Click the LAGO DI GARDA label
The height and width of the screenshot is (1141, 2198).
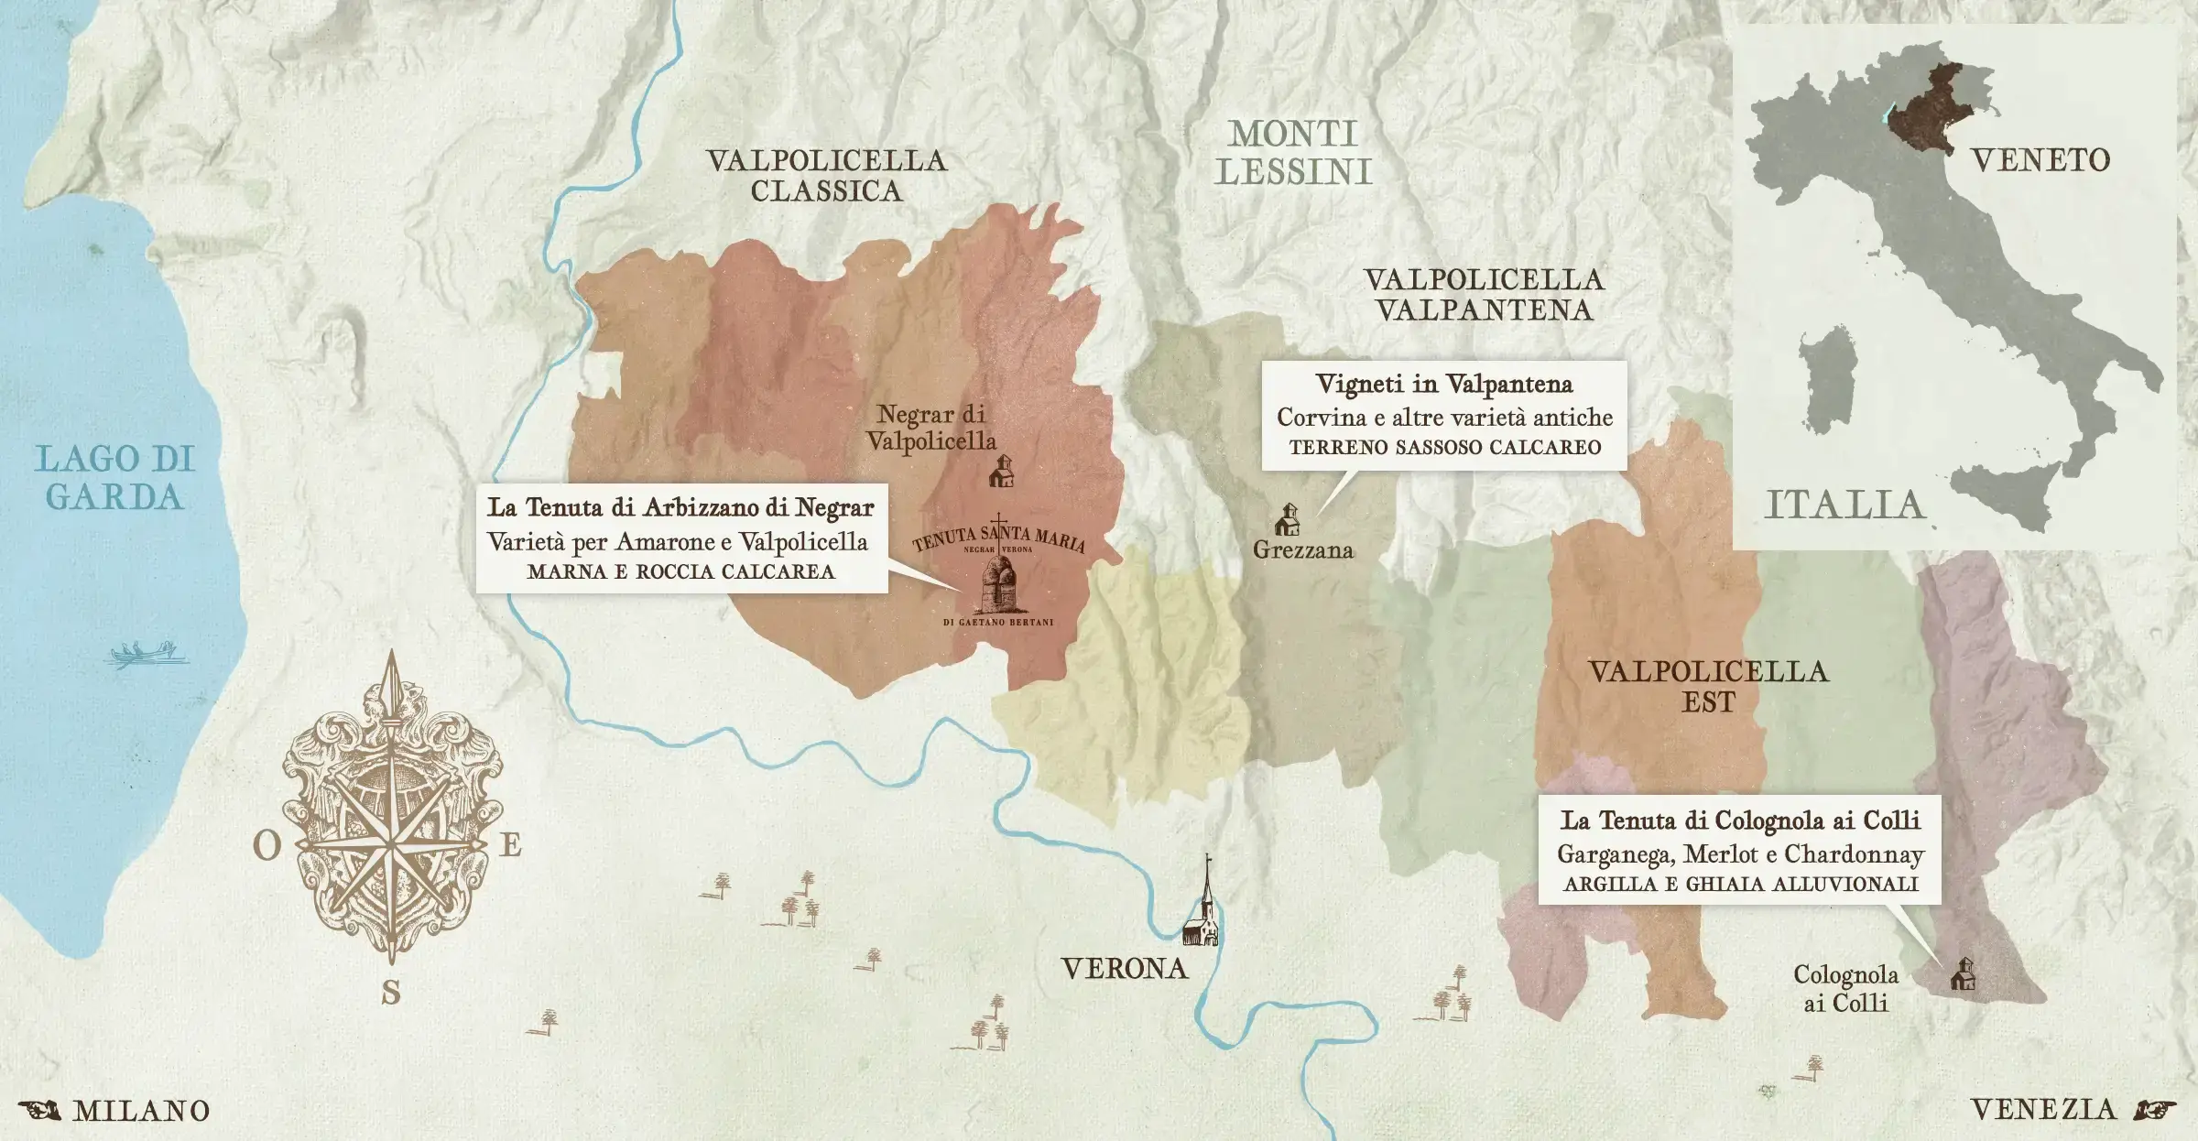115,478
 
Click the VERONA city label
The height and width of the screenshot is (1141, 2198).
1125,969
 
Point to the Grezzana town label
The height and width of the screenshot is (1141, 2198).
1302,550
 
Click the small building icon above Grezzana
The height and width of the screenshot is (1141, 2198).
1288,519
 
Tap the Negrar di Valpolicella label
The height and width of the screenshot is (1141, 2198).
930,428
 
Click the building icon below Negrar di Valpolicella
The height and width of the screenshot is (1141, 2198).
1002,471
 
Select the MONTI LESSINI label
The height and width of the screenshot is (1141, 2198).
1293,153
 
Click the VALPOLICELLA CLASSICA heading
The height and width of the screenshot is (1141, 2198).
826,176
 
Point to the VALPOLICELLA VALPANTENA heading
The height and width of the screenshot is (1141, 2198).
1484,295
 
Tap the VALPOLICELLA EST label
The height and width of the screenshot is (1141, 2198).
1708,687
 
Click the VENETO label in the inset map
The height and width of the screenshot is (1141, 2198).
2040,161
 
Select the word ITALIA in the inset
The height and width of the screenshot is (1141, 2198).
1844,505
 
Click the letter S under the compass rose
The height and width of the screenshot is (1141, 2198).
391,993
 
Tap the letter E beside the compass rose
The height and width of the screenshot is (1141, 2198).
510,844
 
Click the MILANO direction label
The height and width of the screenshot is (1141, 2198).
141,1111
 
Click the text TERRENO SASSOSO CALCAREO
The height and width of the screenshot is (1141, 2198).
1445,448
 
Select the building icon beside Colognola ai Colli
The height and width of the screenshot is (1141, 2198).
1962,974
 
